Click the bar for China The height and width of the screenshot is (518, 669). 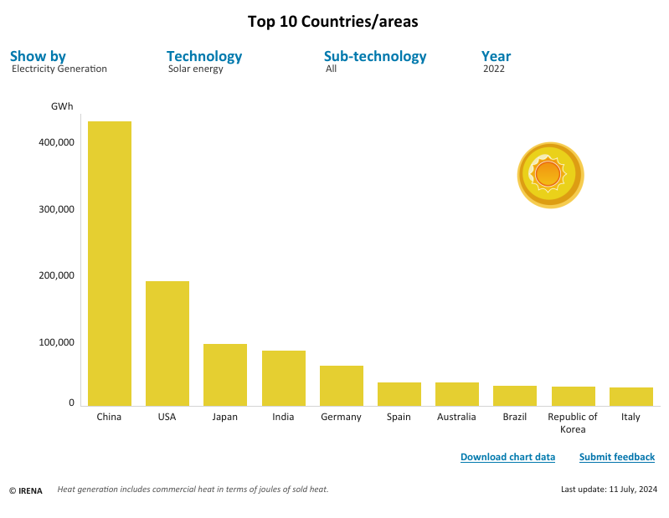(x=110, y=264)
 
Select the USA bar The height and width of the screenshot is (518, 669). (x=167, y=343)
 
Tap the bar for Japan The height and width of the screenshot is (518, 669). (x=225, y=375)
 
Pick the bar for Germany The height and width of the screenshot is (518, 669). (x=342, y=386)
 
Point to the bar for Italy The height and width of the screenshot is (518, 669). (x=631, y=397)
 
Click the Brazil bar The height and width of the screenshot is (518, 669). (x=515, y=396)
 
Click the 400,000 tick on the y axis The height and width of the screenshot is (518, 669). (x=57, y=142)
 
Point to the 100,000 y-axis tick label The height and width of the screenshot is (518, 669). (x=57, y=342)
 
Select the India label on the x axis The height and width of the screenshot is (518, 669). (x=283, y=417)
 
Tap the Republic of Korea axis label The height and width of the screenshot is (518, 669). (x=573, y=423)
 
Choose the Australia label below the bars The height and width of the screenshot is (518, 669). (x=456, y=417)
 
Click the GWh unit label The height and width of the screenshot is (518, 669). (x=62, y=106)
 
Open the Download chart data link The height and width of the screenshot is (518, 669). (x=507, y=457)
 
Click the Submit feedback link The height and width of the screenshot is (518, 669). (x=617, y=457)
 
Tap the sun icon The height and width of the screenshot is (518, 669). (x=550, y=175)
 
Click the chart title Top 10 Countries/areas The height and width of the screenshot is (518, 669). (x=333, y=22)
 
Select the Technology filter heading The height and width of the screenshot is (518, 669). (x=204, y=56)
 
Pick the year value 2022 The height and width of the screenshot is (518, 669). (x=494, y=69)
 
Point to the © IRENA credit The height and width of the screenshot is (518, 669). (x=26, y=490)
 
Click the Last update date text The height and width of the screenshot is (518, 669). (x=609, y=489)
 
